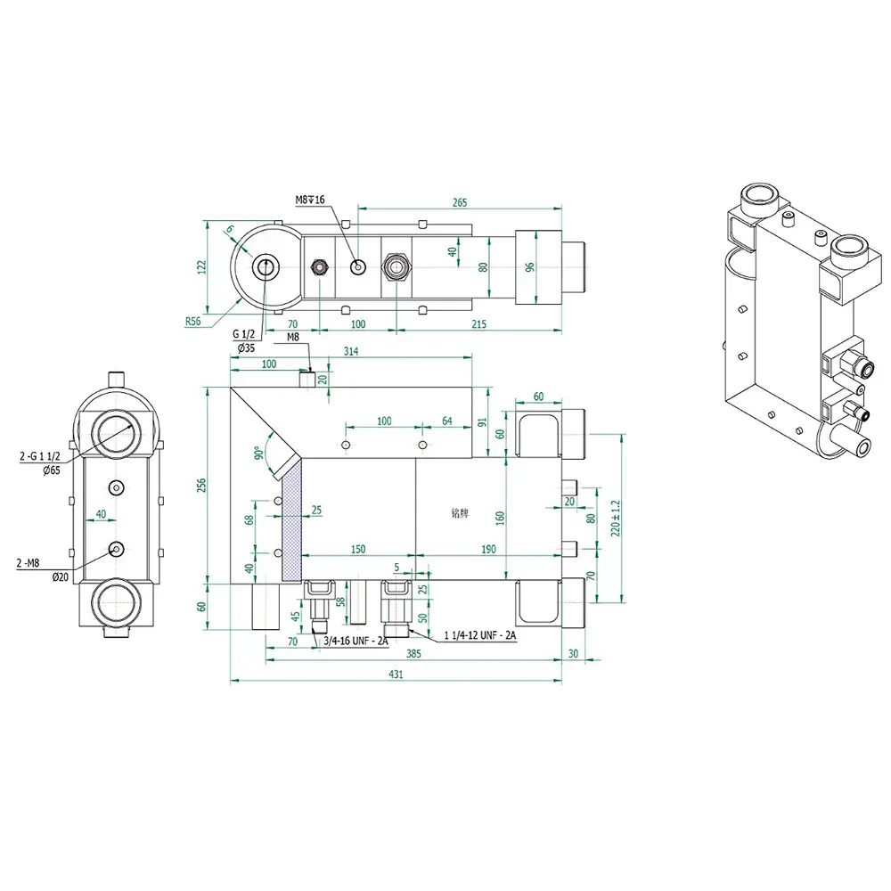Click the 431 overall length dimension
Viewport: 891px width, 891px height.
click(396, 674)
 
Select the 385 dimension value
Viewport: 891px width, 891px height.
click(413, 653)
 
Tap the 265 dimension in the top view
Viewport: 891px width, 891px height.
click(460, 202)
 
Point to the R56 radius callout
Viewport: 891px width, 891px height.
click(193, 321)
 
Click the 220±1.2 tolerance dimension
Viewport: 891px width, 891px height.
click(616, 519)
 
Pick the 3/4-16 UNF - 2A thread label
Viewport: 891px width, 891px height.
click(356, 642)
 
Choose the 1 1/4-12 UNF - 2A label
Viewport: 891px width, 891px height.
click(480, 634)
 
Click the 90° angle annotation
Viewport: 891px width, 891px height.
click(258, 453)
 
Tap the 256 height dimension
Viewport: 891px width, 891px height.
click(201, 486)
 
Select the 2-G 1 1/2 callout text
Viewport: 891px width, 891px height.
click(40, 456)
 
